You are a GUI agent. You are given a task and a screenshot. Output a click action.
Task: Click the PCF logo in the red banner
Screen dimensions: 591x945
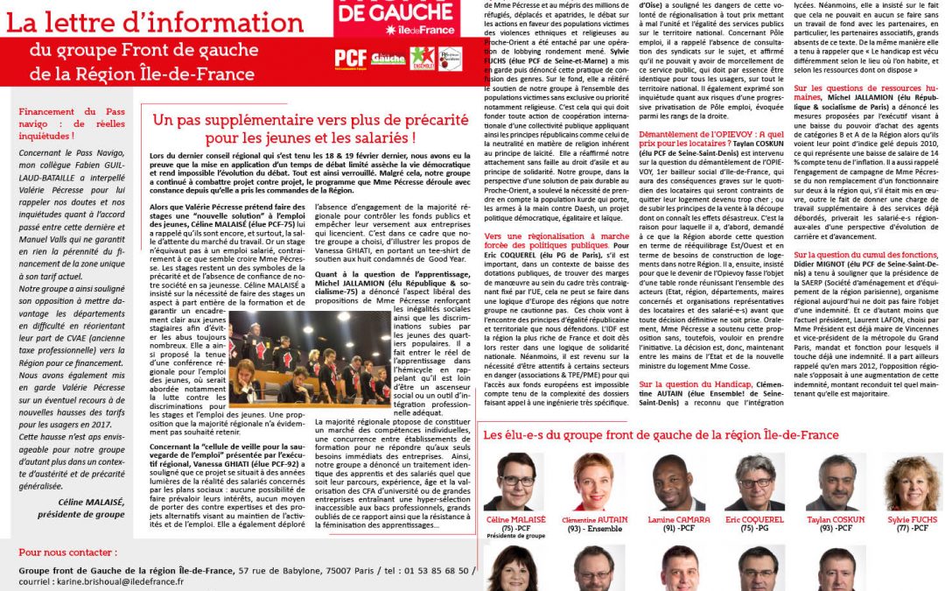tap(351, 59)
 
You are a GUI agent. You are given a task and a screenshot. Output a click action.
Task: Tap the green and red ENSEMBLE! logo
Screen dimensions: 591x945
tap(422, 59)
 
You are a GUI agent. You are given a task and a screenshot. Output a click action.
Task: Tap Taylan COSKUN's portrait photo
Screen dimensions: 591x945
tap(837, 482)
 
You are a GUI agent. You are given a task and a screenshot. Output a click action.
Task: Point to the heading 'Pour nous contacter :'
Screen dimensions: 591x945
tap(65, 552)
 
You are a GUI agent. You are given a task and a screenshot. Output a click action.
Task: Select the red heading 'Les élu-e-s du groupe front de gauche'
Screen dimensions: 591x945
tap(661, 435)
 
